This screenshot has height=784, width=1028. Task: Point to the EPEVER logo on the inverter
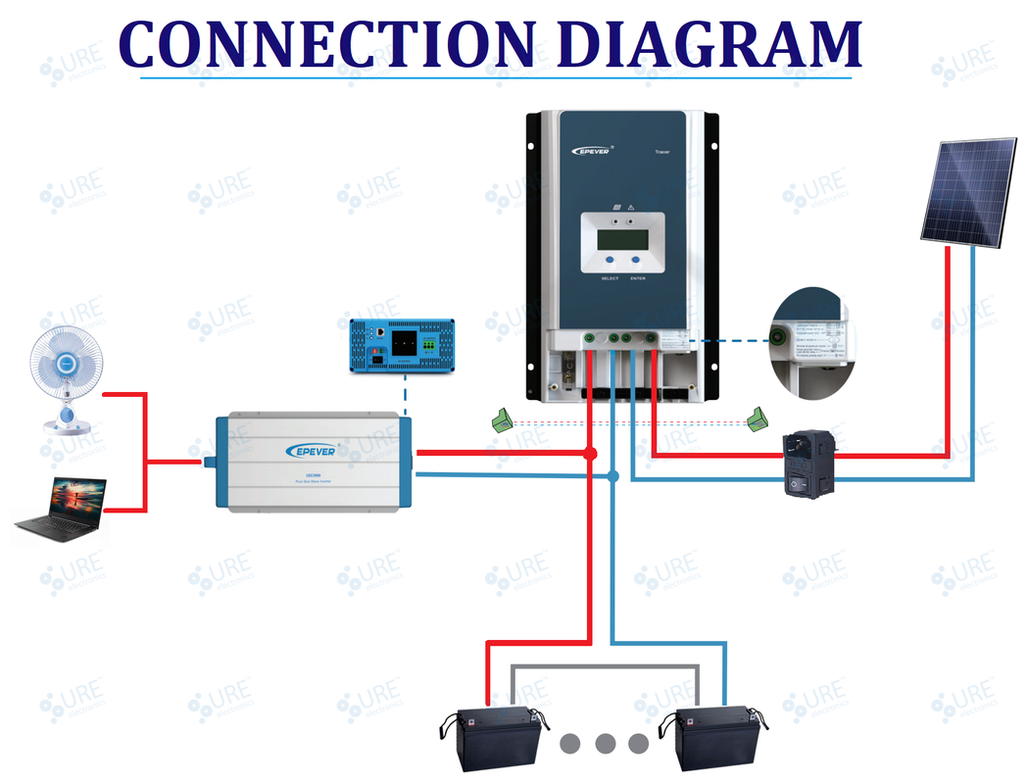coord(311,450)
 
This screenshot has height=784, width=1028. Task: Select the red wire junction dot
coord(589,454)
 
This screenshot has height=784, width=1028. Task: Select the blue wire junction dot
coord(612,476)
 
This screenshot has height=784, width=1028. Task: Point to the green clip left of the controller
coord(503,420)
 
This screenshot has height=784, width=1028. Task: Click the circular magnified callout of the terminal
coord(808,344)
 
